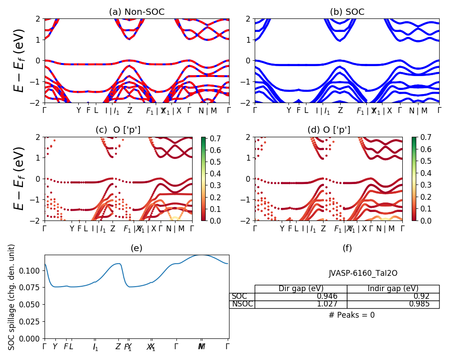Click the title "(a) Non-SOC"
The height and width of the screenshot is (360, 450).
pyautogui.click(x=136, y=12)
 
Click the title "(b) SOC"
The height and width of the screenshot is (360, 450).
pyautogui.click(x=347, y=12)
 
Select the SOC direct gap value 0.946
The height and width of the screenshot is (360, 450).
pyautogui.click(x=324, y=296)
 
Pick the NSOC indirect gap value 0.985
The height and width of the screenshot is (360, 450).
pyautogui.click(x=416, y=304)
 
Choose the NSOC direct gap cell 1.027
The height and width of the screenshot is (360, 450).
pyautogui.click(x=324, y=304)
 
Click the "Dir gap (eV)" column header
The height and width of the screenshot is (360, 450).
pyautogui.click(x=301, y=288)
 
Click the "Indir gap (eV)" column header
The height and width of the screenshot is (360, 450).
pyautogui.click(x=393, y=288)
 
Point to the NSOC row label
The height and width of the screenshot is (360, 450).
pyautogui.click(x=242, y=304)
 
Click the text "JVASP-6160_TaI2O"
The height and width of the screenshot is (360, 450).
pyautogui.click(x=363, y=273)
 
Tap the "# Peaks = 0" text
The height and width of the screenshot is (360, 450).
pyautogui.click(x=351, y=315)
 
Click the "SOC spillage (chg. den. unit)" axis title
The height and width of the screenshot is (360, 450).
pyautogui.click(x=12, y=297)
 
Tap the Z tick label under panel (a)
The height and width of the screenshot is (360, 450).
pyautogui.click(x=130, y=110)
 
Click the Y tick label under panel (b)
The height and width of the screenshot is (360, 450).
pyautogui.click(x=288, y=110)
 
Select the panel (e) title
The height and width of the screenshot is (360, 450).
pyautogui.click(x=136, y=248)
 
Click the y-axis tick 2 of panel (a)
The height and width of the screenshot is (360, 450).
pyautogui.click(x=39, y=18)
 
